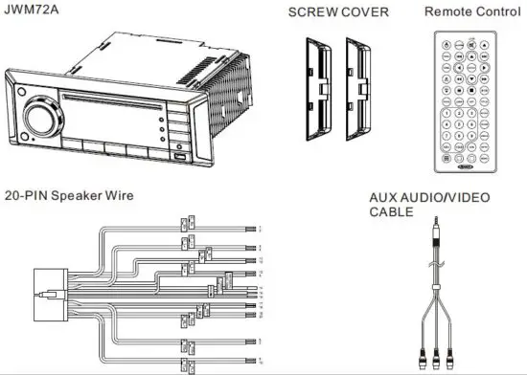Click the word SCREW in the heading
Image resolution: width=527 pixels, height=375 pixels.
click(314, 13)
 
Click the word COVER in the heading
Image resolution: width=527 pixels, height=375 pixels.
click(368, 13)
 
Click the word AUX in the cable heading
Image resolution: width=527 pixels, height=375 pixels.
click(384, 198)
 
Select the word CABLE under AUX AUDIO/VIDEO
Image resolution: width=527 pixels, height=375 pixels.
click(392, 213)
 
